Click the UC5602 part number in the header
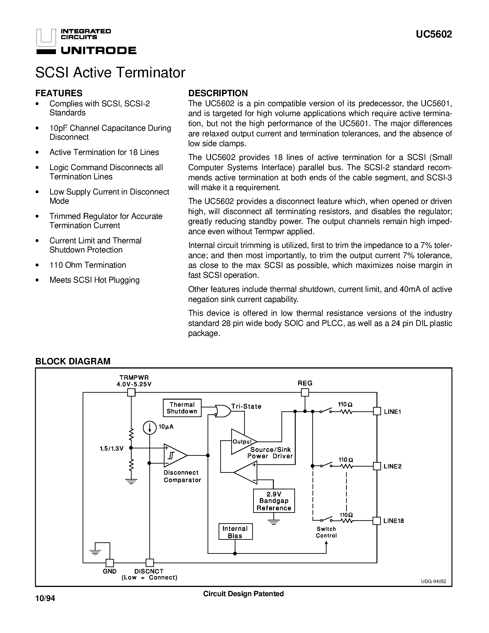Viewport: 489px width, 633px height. (434, 35)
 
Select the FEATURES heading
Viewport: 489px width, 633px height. (59, 93)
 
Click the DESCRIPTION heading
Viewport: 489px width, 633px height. (218, 93)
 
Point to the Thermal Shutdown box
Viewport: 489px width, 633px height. (182, 408)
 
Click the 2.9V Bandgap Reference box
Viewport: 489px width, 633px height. (274, 501)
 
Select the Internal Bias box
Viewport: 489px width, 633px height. (235, 532)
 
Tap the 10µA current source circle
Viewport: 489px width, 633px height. (150, 428)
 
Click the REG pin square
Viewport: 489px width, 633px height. (305, 392)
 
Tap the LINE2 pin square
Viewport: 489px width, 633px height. (377, 466)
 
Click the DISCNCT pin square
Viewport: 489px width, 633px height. (150, 563)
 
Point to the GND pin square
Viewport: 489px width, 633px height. (110, 563)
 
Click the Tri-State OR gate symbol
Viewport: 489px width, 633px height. (223, 411)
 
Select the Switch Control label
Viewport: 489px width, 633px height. (326, 532)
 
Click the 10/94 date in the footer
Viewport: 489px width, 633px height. (45, 598)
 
